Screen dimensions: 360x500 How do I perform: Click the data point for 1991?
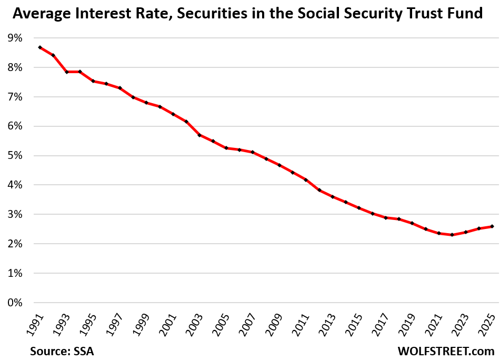pos(40,47)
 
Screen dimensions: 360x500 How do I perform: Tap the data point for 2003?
pos(199,135)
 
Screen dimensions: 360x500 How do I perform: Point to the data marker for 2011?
pos(305,180)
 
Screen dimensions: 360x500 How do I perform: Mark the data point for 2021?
pos(438,233)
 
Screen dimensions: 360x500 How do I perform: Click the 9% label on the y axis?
pos(14,38)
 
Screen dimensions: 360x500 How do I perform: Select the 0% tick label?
pos(14,303)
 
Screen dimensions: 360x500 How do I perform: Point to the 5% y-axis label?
pos(14,156)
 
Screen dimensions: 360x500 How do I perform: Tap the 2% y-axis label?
pos(14,244)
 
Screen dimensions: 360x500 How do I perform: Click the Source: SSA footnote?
pos(59,349)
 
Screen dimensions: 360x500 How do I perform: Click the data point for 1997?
pos(120,88)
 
